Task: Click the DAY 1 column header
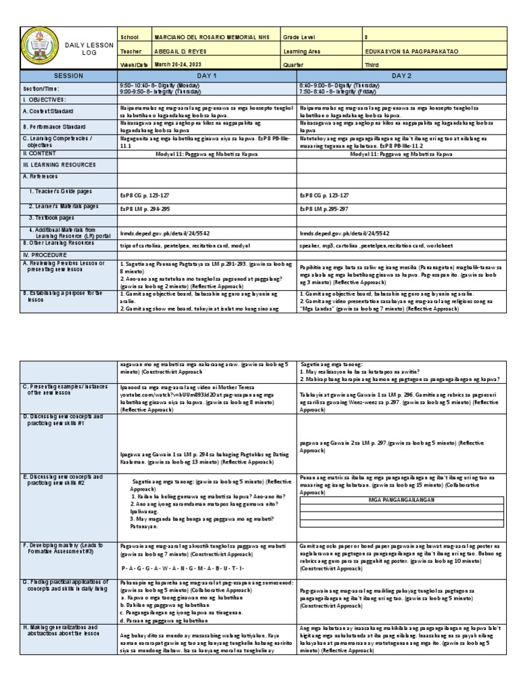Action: (205, 76)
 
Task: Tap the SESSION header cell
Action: (68, 76)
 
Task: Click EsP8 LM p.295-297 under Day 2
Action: (327, 207)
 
